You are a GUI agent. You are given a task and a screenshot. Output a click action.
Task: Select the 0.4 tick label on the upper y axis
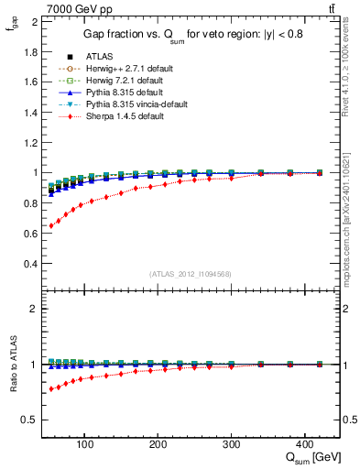[x=29, y=264]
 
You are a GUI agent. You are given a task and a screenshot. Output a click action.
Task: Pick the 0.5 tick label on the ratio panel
[x=29, y=420]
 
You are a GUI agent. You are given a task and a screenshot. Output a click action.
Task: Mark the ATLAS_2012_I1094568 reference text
[x=191, y=274]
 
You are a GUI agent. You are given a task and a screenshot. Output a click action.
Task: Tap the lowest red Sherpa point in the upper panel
[x=51, y=225]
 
